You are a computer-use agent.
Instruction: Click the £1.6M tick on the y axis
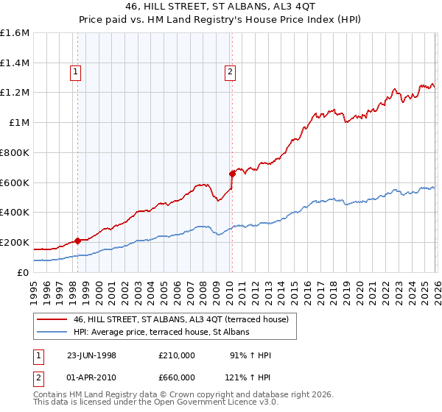pyautogui.click(x=15, y=33)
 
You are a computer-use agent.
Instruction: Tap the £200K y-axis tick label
pyautogui.click(x=15, y=242)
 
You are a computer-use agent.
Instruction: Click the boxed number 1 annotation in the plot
pyautogui.click(x=77, y=71)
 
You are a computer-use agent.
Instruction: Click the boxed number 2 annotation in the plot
pyautogui.click(x=231, y=71)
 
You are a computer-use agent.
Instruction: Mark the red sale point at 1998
pyautogui.click(x=78, y=241)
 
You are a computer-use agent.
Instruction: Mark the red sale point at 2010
pyautogui.click(x=232, y=174)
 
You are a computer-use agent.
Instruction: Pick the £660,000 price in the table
pyautogui.click(x=176, y=377)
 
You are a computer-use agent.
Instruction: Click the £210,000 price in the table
pyautogui.click(x=176, y=355)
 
